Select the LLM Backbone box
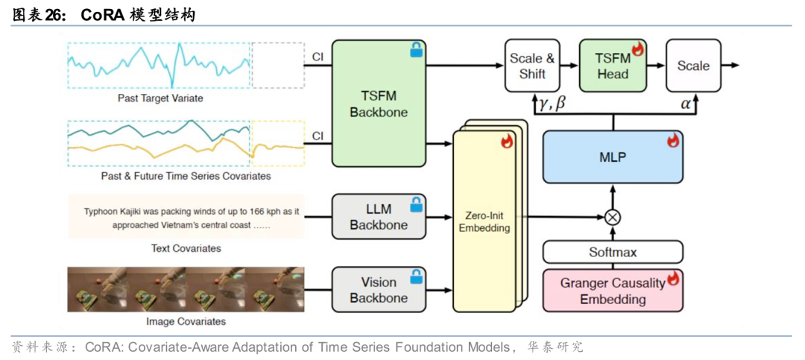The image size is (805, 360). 379,217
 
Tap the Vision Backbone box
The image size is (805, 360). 379,289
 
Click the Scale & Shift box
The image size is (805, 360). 531,66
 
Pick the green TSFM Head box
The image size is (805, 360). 612,66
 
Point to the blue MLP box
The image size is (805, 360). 613,157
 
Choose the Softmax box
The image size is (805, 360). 613,252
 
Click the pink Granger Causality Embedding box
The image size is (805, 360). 613,291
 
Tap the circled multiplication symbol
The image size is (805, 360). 613,217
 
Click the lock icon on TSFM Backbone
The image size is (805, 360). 415,51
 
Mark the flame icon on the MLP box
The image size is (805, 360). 673,139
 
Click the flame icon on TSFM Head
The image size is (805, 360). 637,49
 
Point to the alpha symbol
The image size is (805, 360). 686,104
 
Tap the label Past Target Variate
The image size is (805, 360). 160,98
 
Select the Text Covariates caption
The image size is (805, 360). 186,248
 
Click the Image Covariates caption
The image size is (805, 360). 186,322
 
